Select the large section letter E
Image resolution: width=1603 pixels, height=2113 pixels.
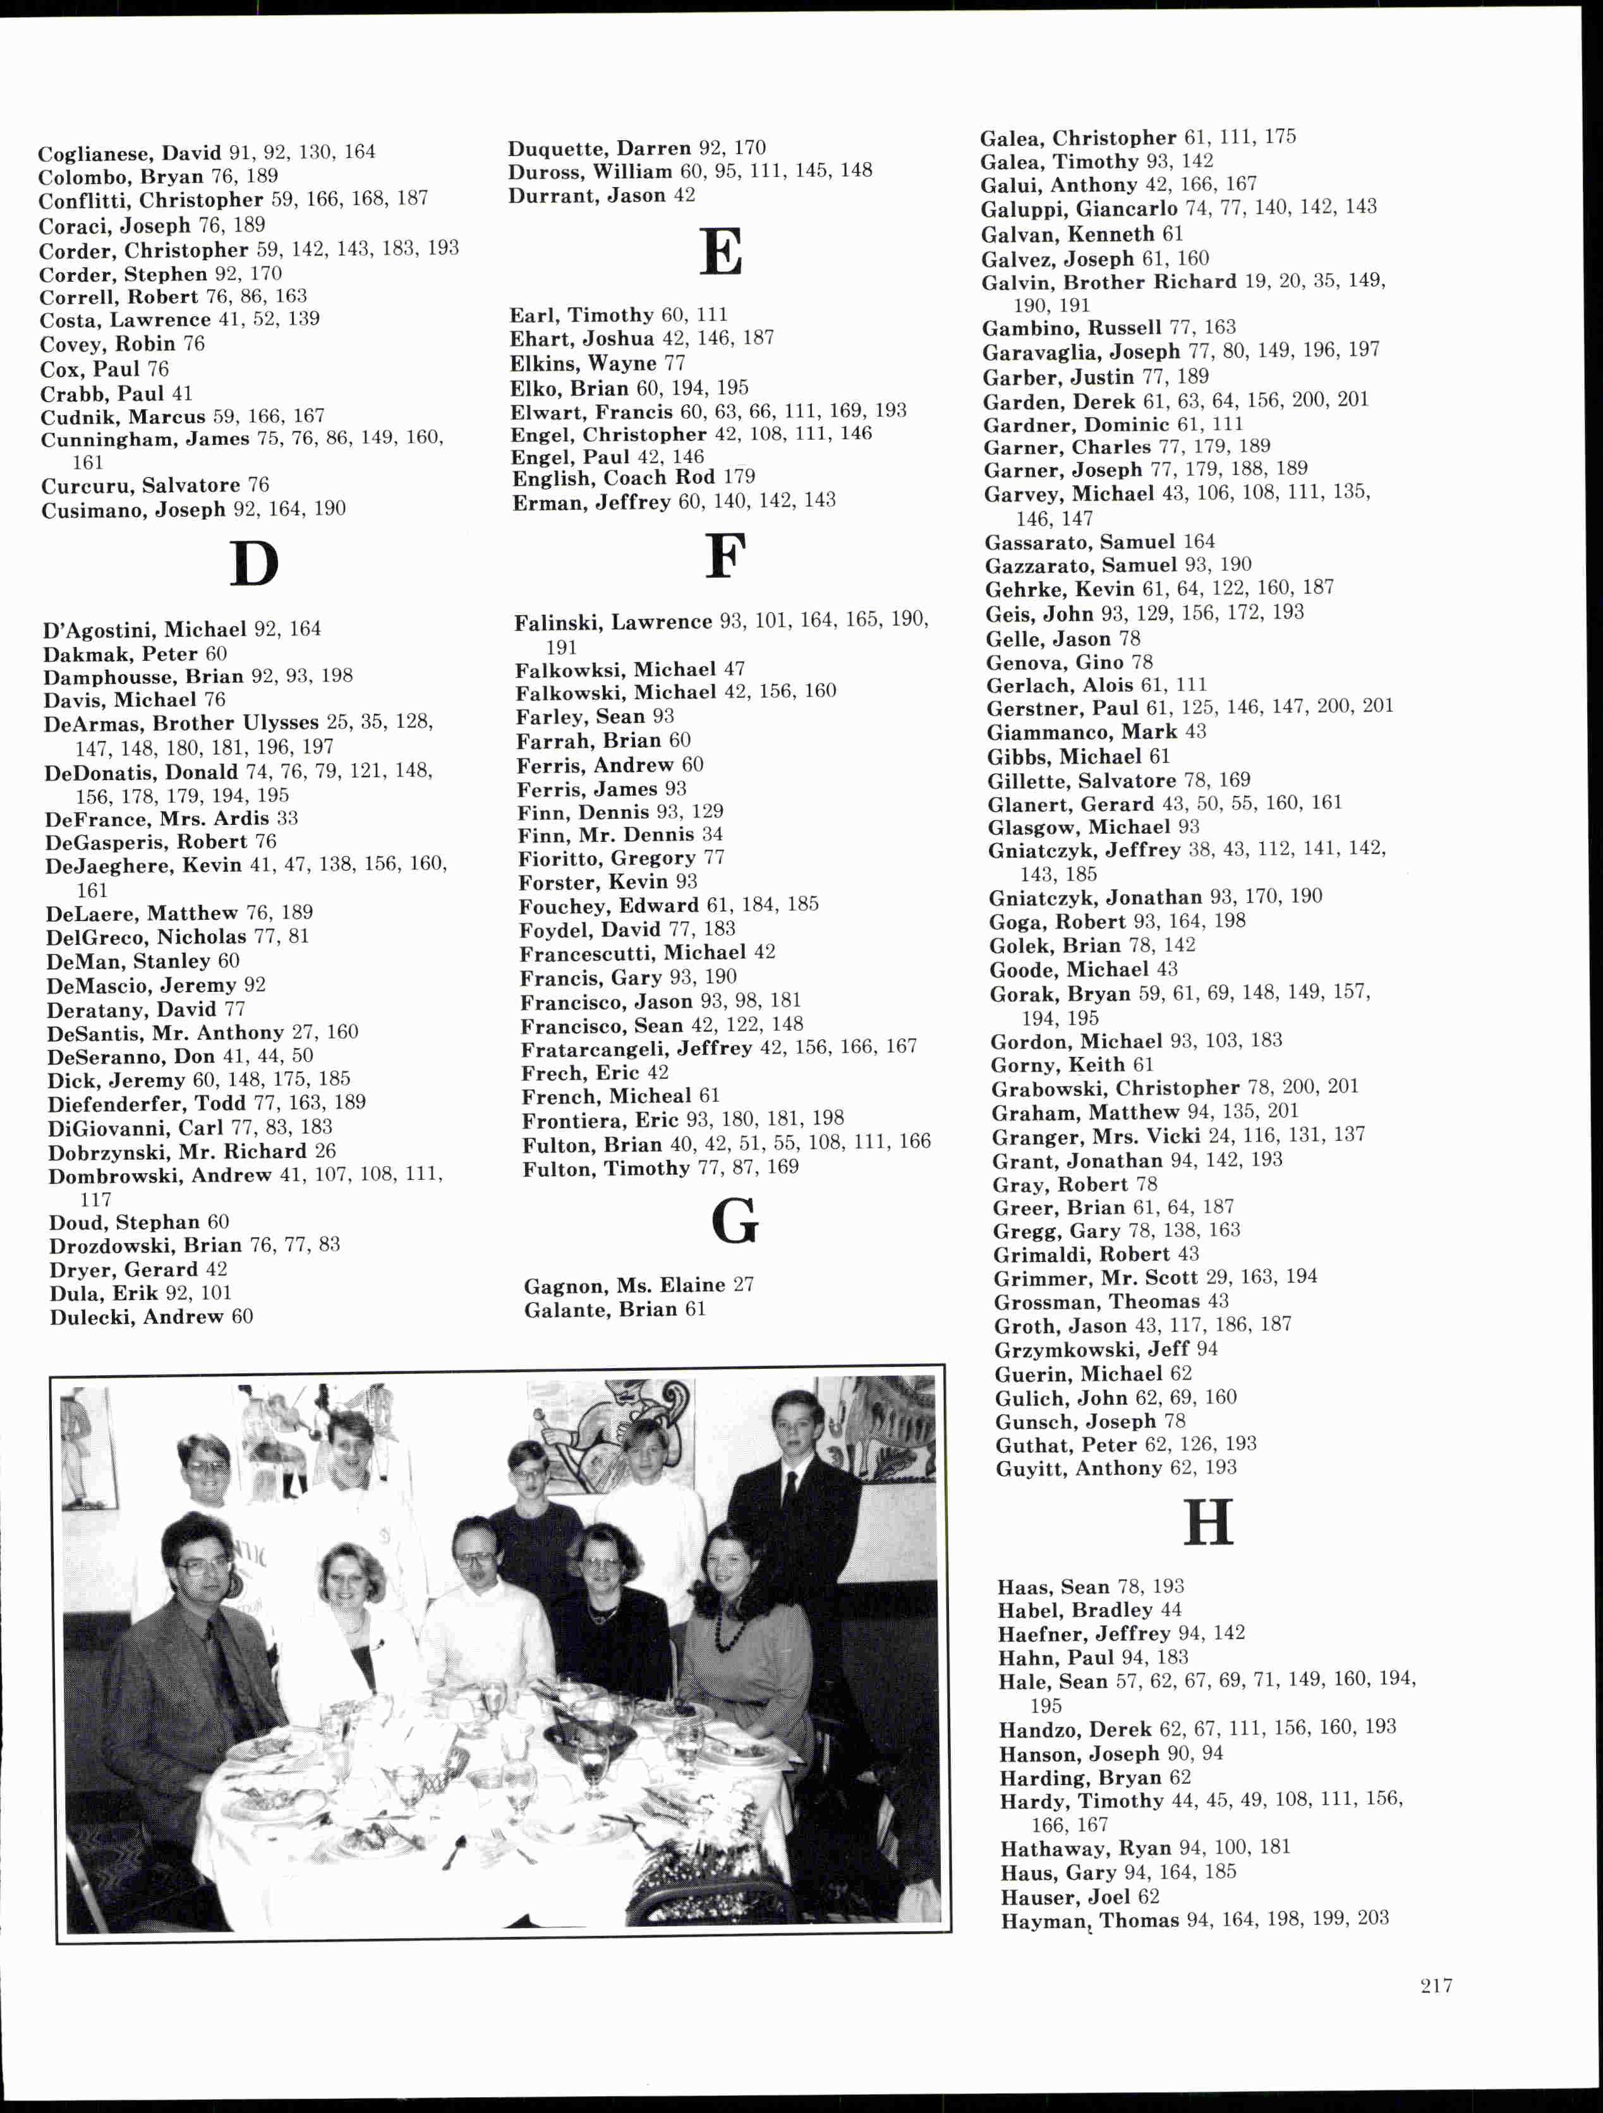coord(720,252)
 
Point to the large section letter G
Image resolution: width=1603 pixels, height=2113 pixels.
coord(735,1222)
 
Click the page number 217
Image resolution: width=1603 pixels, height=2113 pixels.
coord(1436,1986)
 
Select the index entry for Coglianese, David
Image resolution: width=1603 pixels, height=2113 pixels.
coord(207,153)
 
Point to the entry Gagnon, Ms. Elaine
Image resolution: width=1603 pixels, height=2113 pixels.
coord(639,1285)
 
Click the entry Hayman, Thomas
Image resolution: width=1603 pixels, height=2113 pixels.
coord(1194,1919)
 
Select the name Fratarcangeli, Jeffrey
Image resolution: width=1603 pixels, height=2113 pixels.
coord(718,1048)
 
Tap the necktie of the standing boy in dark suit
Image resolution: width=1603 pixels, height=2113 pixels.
coord(791,1490)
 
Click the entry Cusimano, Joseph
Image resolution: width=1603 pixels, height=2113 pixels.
coord(193,509)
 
